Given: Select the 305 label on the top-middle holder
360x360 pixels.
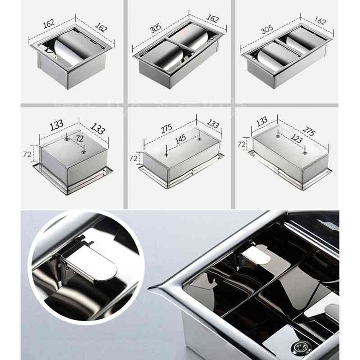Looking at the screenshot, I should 156,29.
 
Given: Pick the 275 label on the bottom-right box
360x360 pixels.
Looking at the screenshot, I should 308,131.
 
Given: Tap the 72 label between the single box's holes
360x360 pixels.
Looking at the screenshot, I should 79,139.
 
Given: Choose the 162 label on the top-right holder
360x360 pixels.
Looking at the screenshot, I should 320,21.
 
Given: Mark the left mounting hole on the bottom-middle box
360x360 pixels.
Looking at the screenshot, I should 166,154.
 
